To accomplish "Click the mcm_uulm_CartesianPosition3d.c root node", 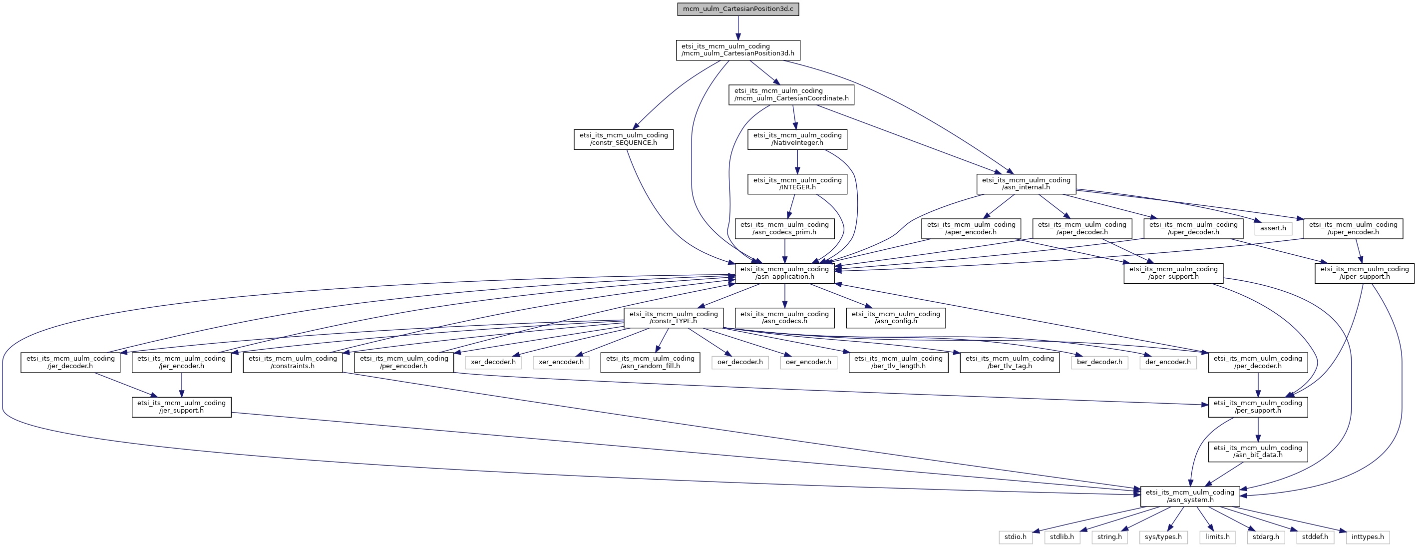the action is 737,9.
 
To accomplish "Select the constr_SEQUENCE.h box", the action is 623,139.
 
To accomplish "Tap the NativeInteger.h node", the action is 797,139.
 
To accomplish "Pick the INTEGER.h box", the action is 797,184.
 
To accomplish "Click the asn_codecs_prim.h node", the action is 784,228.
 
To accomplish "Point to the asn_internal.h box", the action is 1026,184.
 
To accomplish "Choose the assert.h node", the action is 1273,228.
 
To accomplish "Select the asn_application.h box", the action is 784,273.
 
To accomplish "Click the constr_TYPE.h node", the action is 673,318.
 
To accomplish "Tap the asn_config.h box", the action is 896,318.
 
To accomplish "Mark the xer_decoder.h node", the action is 493,362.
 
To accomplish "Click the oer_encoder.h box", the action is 808,362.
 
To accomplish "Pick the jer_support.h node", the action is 182,407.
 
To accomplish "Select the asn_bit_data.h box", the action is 1258,452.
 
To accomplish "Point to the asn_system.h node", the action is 1190,497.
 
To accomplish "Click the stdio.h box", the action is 1016,537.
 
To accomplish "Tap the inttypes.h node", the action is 1368,537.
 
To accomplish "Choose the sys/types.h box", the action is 1163,537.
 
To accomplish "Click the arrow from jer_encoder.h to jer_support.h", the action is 182,385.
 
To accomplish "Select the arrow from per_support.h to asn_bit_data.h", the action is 1258,430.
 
